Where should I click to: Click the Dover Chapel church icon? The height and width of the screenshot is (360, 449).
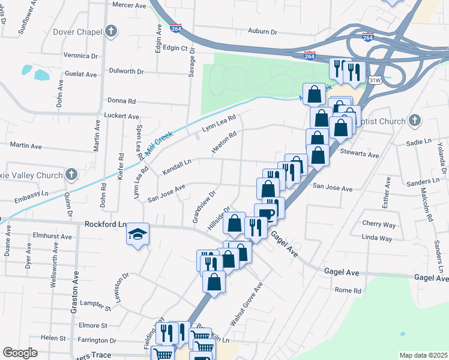coord(110,31)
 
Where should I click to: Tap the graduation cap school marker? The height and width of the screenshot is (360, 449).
coord(137,234)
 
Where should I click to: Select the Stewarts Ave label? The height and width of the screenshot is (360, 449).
coord(360,155)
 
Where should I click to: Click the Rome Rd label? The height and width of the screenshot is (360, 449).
coord(348,290)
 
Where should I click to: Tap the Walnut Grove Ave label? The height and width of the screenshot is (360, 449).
coord(250,304)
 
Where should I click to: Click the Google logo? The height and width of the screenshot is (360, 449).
coord(20,353)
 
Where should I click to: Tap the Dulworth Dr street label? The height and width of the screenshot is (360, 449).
coord(127,71)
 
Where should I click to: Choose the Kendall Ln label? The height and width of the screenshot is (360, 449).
coord(176,167)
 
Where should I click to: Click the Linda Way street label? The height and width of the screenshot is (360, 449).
coord(378,238)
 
